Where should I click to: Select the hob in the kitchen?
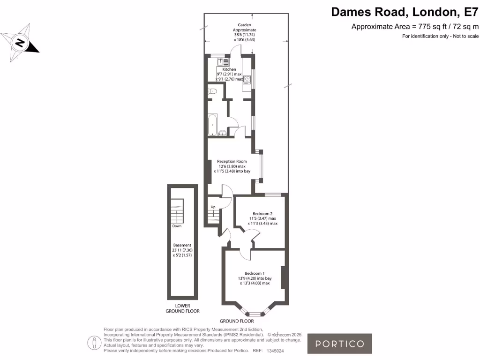[x=247, y=80]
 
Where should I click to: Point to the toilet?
[x=212, y=92]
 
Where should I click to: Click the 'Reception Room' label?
[x=232, y=161]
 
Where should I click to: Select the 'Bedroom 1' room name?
[x=255, y=273]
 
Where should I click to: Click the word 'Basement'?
[x=182, y=245]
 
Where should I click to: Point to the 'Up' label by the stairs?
[x=213, y=207]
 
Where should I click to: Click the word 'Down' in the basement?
[x=177, y=226]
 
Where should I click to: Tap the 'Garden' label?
[x=245, y=25]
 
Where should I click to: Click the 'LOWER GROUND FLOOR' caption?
[x=182, y=308]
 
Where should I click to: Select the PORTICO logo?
[x=339, y=344]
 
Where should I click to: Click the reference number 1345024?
[x=275, y=351]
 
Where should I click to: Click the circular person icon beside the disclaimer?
[x=95, y=343]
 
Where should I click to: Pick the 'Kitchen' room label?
[x=229, y=69]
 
